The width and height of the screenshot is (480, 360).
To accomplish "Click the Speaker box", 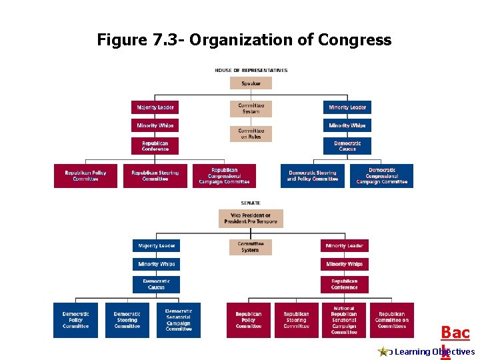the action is pyautogui.click(x=251, y=83).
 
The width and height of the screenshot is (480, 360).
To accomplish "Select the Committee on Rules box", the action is pyautogui.click(x=251, y=134).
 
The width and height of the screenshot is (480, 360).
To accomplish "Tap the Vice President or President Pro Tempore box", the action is pyautogui.click(x=251, y=219).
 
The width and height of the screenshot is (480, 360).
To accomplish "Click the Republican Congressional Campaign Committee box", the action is pyautogui.click(x=224, y=176).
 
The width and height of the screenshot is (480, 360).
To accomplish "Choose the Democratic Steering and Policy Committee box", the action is pyautogui.click(x=313, y=176).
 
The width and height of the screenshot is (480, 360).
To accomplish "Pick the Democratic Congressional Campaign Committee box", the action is pyautogui.click(x=382, y=176).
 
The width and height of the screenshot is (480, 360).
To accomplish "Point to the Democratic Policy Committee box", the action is pyautogui.click(x=75, y=321).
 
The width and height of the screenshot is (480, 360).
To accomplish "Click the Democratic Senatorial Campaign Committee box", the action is pyautogui.click(x=179, y=321).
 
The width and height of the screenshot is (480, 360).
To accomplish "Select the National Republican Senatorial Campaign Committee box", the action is pyautogui.click(x=344, y=321).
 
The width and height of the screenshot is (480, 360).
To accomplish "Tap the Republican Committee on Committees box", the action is pyautogui.click(x=391, y=321).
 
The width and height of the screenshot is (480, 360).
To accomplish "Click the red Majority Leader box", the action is pyautogui.click(x=155, y=107).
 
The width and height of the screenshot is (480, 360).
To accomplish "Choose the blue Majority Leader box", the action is pyautogui.click(x=157, y=246).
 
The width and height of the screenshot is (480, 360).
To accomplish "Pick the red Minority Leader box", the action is pyautogui.click(x=345, y=246).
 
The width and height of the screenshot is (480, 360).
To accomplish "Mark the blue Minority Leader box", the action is pyautogui.click(x=347, y=107).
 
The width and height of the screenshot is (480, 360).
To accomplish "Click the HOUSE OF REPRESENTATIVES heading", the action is pyautogui.click(x=251, y=70).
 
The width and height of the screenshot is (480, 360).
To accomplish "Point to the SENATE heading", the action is pyautogui.click(x=251, y=203).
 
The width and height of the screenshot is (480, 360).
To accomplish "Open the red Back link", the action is pyautogui.click(x=455, y=333).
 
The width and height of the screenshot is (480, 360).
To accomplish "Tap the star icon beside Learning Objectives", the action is pyautogui.click(x=383, y=351).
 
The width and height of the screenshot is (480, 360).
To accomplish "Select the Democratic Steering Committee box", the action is pyautogui.click(x=127, y=321).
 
